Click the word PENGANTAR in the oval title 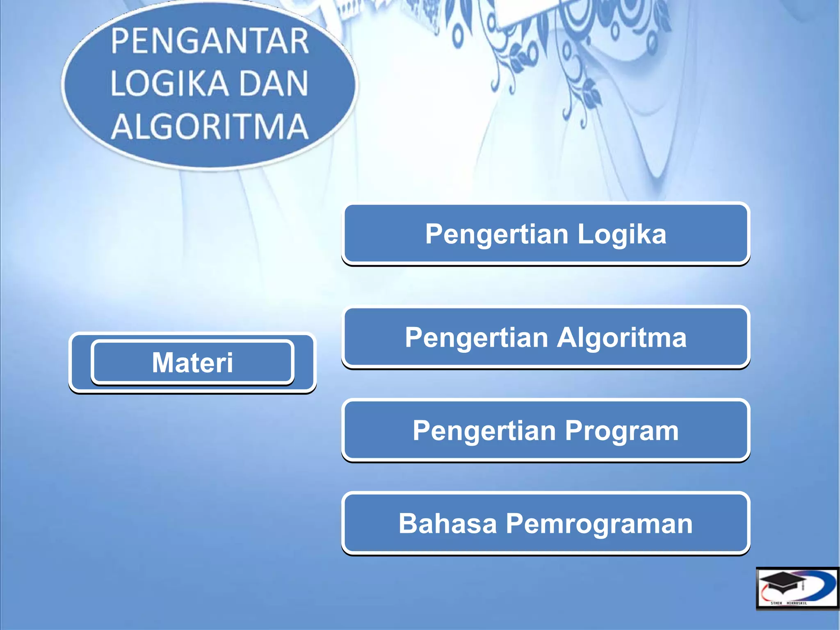tap(210, 41)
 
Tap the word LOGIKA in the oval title tap(169, 83)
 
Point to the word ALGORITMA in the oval tap(210, 126)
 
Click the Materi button tap(192, 363)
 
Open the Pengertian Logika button tap(546, 234)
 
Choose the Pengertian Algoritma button tap(546, 337)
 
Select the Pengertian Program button tap(546, 430)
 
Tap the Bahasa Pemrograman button tap(546, 523)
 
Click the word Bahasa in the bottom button tap(447, 523)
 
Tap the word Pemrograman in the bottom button tap(599, 524)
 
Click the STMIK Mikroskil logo tap(797, 588)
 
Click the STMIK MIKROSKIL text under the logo tap(788, 603)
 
